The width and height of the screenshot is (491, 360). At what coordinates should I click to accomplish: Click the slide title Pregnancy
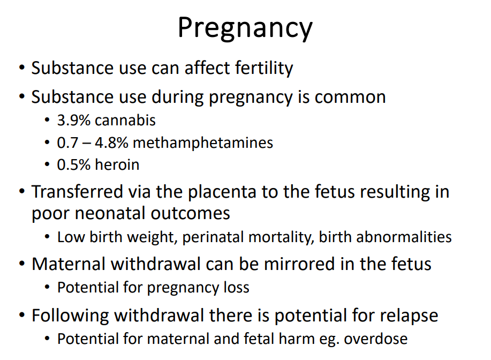(x=245, y=28)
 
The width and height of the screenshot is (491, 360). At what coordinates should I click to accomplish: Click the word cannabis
(x=125, y=121)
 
